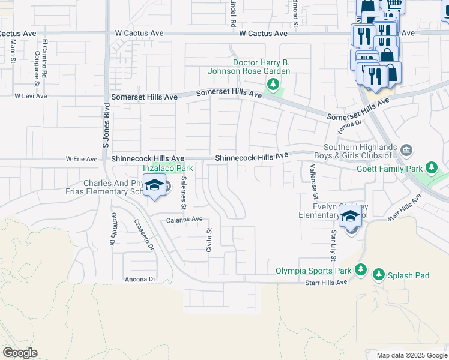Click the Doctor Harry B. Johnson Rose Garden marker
[x=273, y=83]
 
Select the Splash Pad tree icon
[x=378, y=275]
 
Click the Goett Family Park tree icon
[x=431, y=167]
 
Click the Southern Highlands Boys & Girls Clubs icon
[x=406, y=149]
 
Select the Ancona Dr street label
[x=139, y=279]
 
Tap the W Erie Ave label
[x=81, y=159]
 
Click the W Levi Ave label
[x=31, y=95]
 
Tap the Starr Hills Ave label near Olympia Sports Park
[x=326, y=282]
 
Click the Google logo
[x=20, y=353]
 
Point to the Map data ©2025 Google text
[x=411, y=355]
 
